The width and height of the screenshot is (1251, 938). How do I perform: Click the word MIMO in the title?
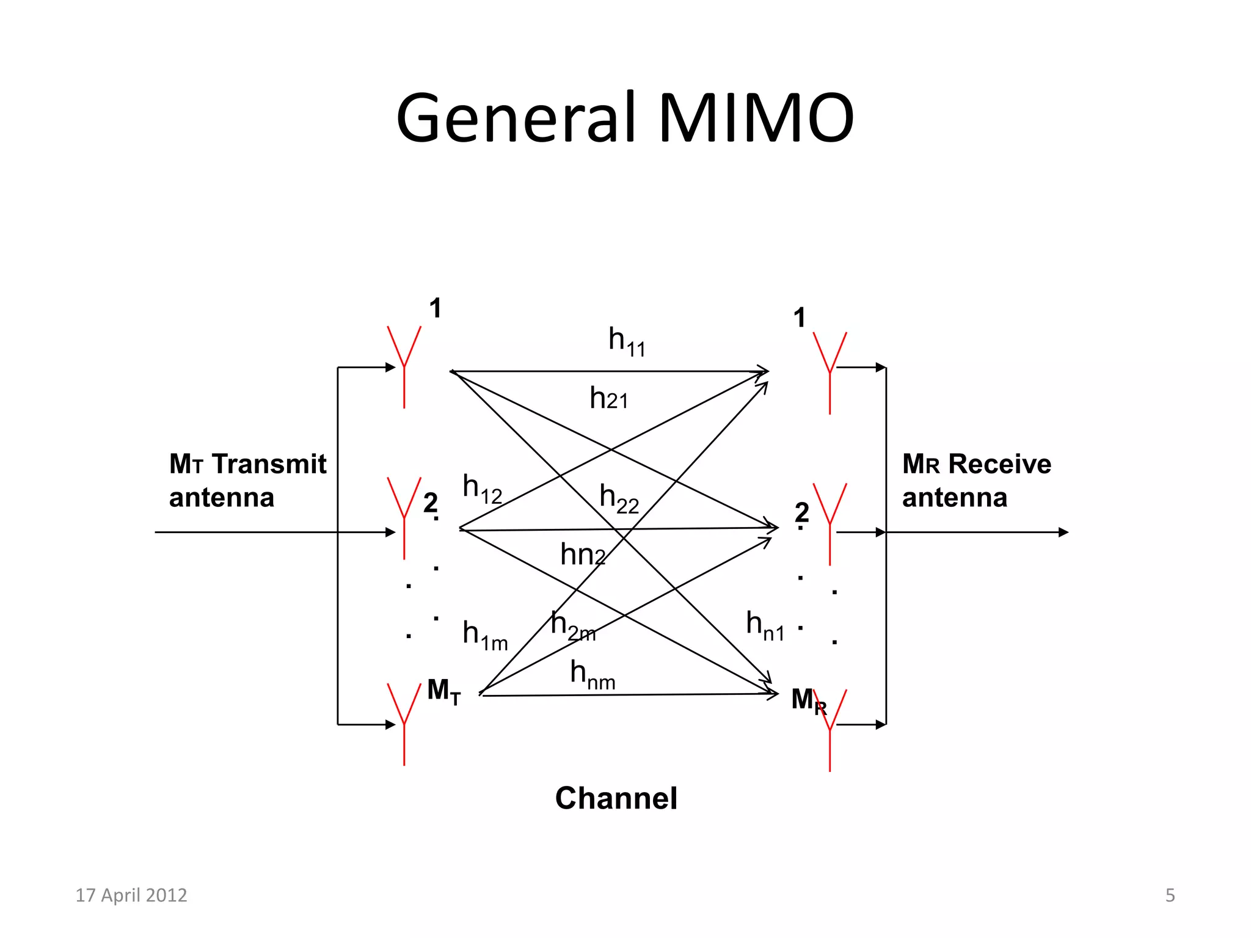point(756,117)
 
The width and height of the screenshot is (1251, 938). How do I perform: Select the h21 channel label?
point(608,399)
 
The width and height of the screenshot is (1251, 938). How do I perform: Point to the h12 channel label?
point(482,489)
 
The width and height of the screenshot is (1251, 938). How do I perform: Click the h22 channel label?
point(619,498)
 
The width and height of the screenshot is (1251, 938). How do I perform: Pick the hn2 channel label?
point(582,554)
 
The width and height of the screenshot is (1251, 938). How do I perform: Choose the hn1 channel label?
point(765,625)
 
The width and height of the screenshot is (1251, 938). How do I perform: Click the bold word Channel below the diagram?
point(616,798)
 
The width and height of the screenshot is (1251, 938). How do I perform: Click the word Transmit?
point(269,464)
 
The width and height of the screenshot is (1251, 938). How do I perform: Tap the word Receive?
point(999,464)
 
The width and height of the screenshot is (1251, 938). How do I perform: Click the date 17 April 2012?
point(131,895)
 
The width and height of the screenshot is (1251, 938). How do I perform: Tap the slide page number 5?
point(1170,895)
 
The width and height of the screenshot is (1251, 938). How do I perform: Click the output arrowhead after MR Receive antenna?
point(1063,533)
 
